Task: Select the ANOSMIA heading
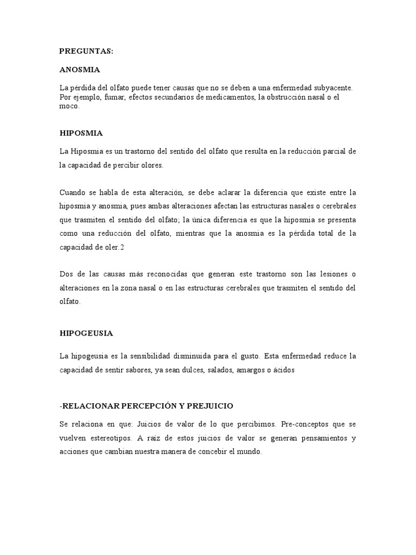pyautogui.click(x=80, y=70)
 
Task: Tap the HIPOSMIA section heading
pyautogui.click(x=81, y=132)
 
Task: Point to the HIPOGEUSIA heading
pyautogui.click(x=86, y=333)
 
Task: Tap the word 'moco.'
pyautogui.click(x=69, y=106)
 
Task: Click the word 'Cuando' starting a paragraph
pyautogui.click(x=73, y=192)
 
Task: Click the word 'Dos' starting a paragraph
pyautogui.click(x=66, y=274)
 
